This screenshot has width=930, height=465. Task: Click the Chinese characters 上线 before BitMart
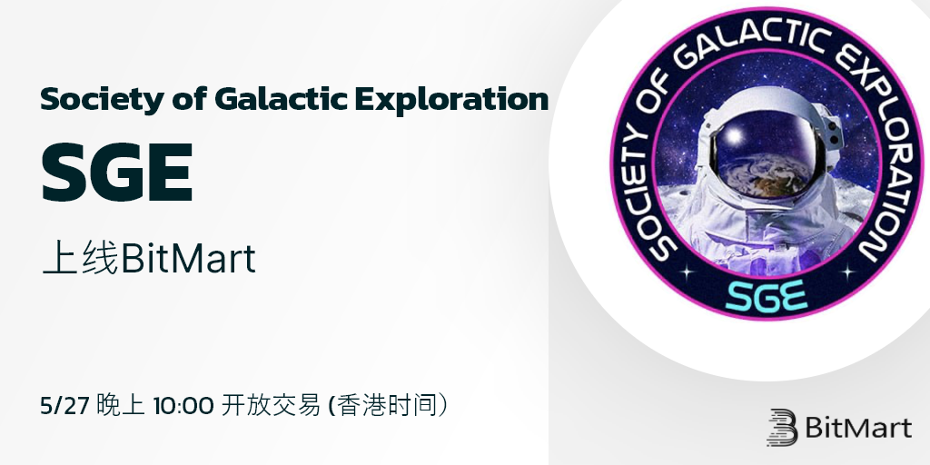[81, 259]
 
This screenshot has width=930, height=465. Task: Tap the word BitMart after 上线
[188, 259]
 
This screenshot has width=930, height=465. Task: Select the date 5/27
[64, 405]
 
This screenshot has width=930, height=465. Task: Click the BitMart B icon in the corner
[782, 427]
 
